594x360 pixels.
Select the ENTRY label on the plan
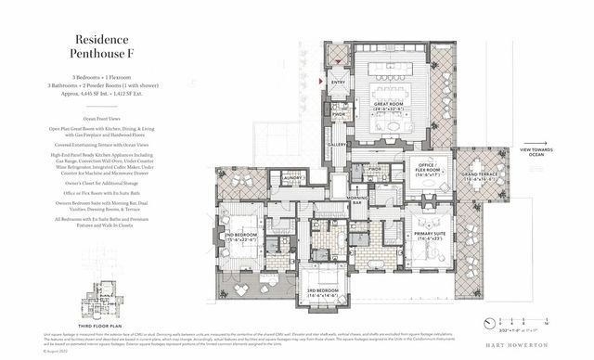pyautogui.click(x=337, y=83)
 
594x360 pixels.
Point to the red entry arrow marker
pyautogui.click(x=320, y=83)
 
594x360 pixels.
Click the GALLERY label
pyautogui.click(x=336, y=145)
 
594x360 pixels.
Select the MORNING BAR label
pyautogui.click(x=356, y=202)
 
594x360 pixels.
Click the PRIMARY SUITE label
pyautogui.click(x=430, y=234)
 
